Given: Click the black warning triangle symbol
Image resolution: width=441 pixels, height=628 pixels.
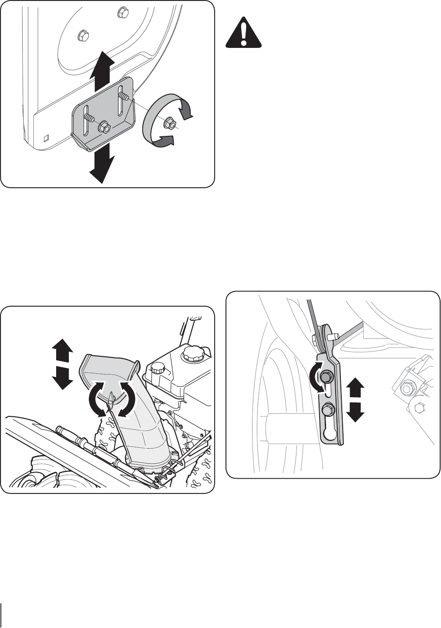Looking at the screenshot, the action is (243, 34).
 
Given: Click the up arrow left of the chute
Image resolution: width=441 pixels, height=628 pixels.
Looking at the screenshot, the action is (62, 351).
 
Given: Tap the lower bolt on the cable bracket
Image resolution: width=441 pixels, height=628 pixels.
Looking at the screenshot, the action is (327, 409).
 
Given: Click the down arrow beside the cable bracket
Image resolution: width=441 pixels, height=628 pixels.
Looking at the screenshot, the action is (356, 412).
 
